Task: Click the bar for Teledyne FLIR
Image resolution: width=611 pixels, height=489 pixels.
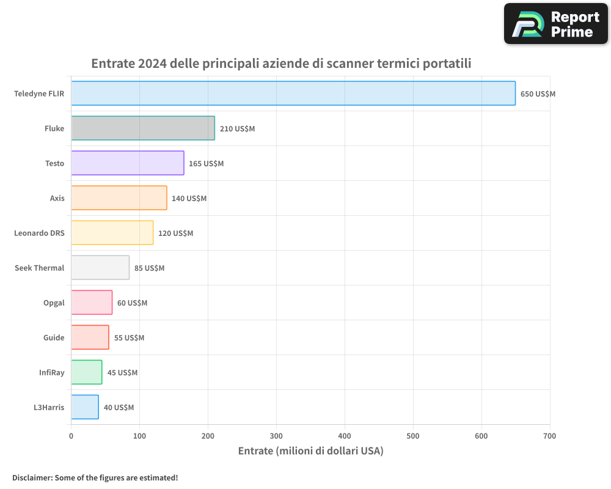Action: tap(293, 94)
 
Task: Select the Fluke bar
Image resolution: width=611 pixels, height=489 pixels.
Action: tap(143, 128)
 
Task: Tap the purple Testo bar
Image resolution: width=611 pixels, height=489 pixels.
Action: tap(128, 163)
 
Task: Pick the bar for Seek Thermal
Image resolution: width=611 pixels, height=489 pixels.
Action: tap(100, 268)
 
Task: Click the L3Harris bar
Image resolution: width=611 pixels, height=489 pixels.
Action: tap(85, 407)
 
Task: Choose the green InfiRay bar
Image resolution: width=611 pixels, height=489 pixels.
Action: tap(87, 372)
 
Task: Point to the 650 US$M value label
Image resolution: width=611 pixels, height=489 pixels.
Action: tap(538, 94)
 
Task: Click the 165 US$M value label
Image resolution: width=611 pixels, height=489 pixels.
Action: tap(206, 164)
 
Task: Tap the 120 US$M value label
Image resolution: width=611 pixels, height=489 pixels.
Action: tap(175, 233)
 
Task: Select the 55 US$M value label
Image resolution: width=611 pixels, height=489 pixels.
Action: tap(129, 338)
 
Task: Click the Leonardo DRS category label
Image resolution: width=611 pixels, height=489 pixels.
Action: tap(39, 233)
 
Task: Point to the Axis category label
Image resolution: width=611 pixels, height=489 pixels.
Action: tap(57, 198)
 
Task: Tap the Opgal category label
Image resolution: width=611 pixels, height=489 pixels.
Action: tap(54, 303)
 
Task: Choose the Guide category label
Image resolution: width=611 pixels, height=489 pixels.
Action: tap(54, 337)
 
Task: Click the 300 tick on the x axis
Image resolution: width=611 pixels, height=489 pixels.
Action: tap(276, 436)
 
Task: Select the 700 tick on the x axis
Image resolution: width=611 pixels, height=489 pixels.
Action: tap(549, 436)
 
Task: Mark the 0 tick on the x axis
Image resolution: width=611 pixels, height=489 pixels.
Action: tap(71, 436)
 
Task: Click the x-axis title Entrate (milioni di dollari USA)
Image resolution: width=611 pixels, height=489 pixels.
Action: tap(310, 451)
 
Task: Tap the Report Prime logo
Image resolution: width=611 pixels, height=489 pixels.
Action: tap(556, 24)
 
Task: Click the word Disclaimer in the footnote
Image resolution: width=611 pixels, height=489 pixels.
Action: tap(32, 477)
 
